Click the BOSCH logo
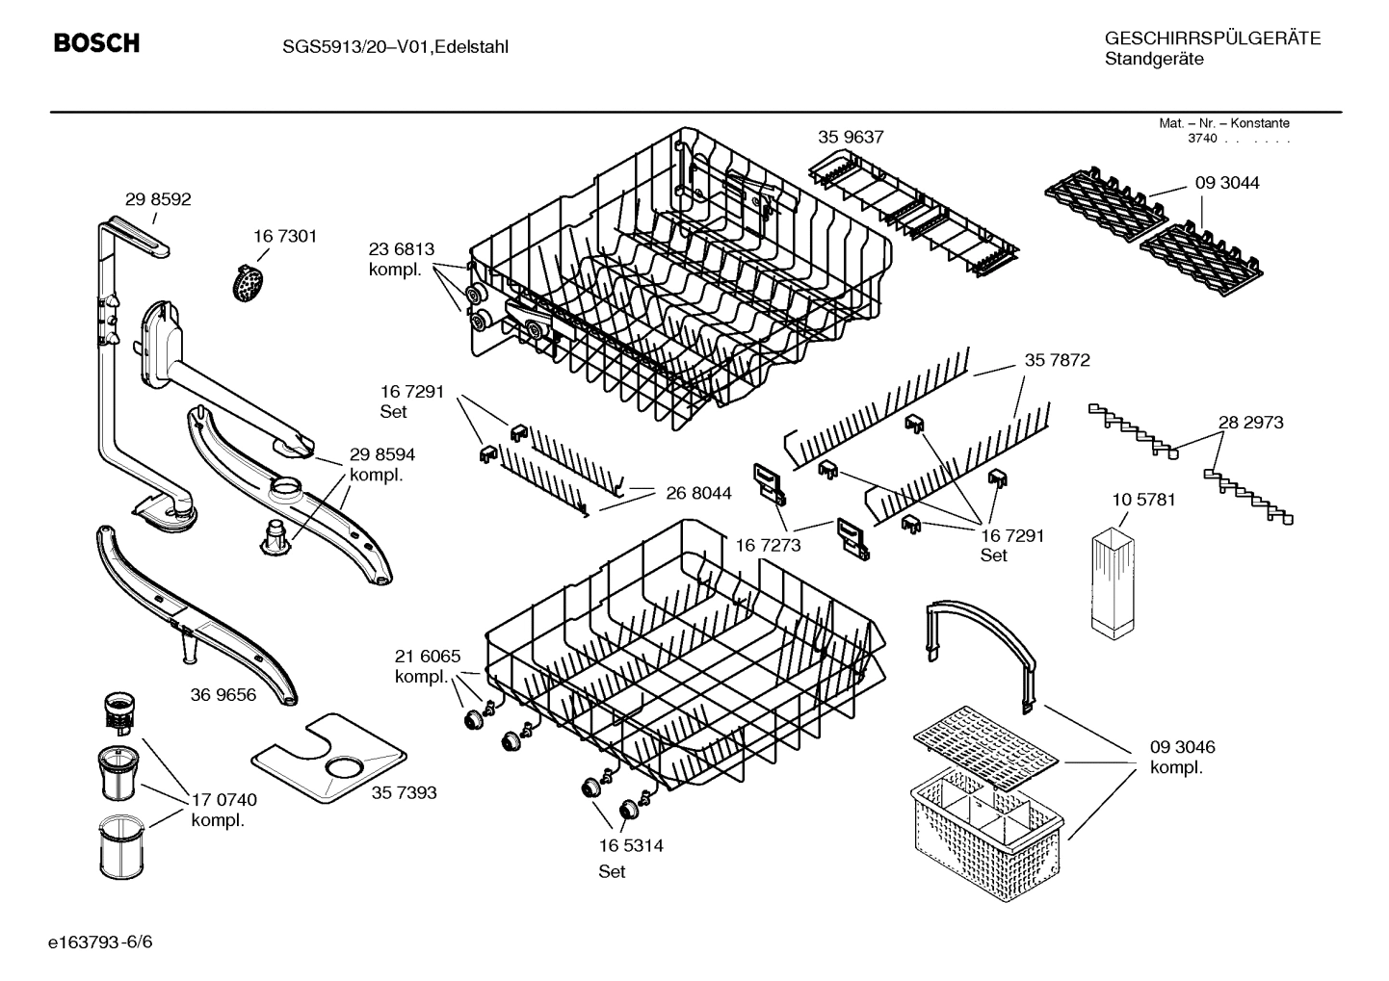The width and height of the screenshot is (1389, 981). point(96,43)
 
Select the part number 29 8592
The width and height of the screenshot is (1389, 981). point(158,199)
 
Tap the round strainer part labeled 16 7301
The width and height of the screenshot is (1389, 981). point(249,283)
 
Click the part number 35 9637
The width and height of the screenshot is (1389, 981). point(851,138)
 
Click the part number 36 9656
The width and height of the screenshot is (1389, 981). point(223,694)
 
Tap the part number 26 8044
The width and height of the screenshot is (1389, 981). point(698,493)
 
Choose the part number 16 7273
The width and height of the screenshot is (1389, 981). point(768,545)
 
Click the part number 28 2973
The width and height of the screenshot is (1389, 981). point(1250,422)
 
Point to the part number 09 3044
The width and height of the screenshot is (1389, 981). point(1227,183)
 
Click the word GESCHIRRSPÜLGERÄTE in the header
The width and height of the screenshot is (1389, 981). point(1213,39)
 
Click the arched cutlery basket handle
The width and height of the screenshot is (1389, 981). point(983,645)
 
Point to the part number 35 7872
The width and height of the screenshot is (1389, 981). point(1057,360)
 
